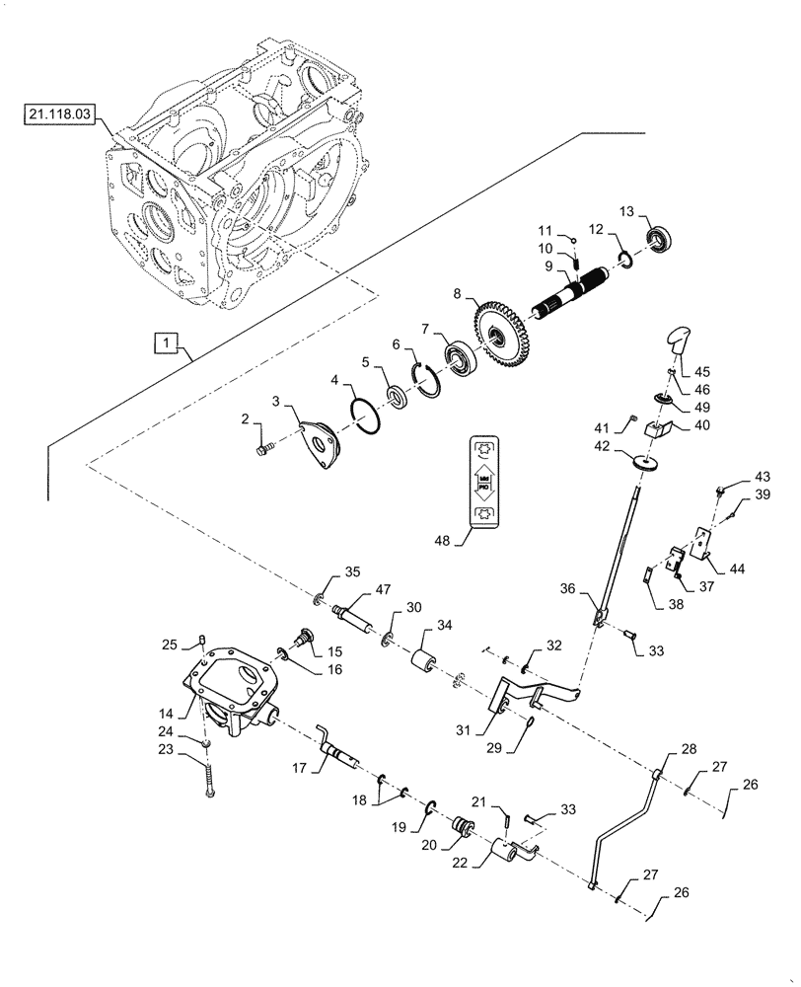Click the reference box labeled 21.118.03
point(57,115)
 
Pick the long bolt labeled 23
point(209,781)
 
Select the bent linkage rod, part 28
point(621,819)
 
